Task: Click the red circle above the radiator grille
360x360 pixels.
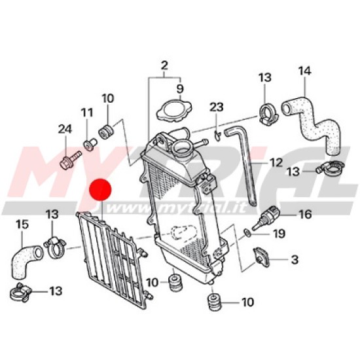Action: [x=100, y=190]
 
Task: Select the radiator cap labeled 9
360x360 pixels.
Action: [x=175, y=110]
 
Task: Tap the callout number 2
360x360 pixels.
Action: [x=164, y=65]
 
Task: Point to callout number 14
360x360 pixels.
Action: [x=304, y=71]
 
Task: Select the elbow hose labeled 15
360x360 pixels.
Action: [x=26, y=261]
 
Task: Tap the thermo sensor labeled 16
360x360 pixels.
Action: [x=266, y=217]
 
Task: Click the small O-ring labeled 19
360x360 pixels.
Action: [x=247, y=232]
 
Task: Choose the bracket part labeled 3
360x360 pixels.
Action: [x=261, y=257]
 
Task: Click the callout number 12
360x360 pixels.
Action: [x=276, y=163]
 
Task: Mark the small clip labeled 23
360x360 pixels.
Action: [x=217, y=135]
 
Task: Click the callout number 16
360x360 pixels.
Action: [x=305, y=214]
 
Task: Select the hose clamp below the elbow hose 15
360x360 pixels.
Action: [x=20, y=292]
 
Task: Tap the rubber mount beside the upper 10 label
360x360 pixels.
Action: [x=106, y=132]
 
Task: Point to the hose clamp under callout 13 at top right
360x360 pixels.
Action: [x=268, y=113]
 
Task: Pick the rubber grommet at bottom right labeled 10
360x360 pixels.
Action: [x=214, y=302]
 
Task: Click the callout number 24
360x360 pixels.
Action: [x=65, y=129]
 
